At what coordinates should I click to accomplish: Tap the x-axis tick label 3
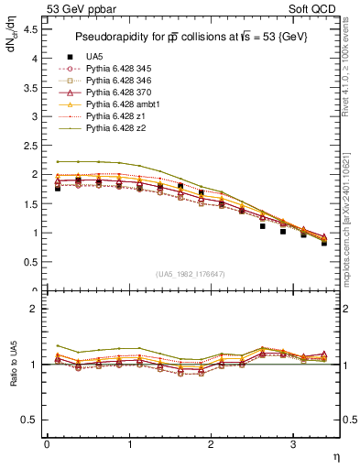coord(292,444)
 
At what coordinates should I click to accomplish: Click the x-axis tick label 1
coord(129,444)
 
